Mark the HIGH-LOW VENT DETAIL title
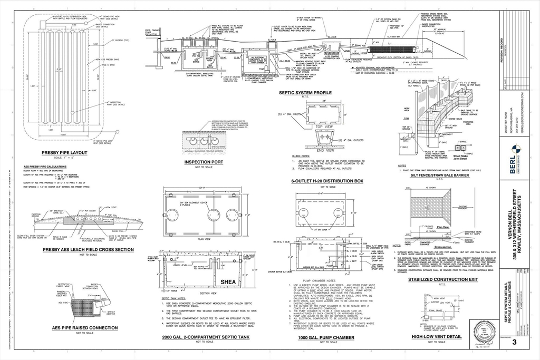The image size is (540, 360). (437, 336)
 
